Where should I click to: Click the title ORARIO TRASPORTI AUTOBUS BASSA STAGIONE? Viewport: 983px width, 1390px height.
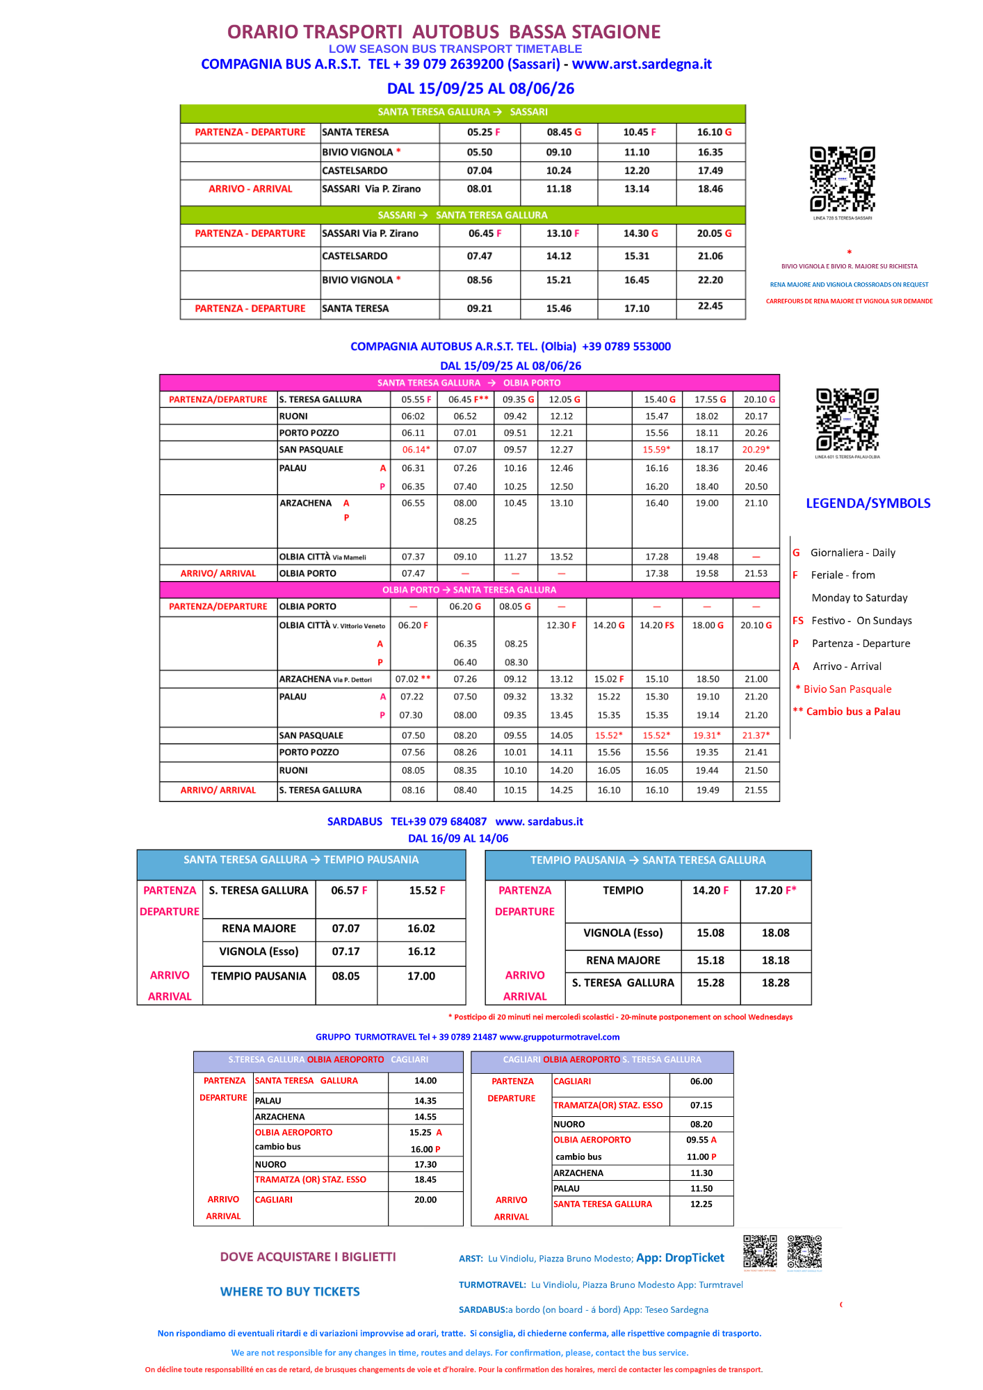tap(444, 32)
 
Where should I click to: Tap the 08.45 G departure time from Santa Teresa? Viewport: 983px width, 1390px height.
tap(563, 132)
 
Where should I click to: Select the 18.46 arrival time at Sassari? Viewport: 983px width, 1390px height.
tap(710, 189)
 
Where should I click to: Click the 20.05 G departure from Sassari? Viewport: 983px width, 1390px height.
tap(714, 234)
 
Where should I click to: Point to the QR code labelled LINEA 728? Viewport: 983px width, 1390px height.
tap(842, 179)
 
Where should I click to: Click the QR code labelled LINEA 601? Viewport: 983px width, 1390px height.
tap(847, 420)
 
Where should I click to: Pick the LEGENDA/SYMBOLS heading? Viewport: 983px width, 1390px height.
tap(868, 503)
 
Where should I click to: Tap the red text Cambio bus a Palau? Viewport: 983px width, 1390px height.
tap(852, 712)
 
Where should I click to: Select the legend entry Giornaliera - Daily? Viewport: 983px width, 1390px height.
tap(852, 553)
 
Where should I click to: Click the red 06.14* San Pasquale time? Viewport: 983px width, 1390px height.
tap(416, 450)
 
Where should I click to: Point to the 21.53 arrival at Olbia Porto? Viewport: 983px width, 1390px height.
tap(756, 573)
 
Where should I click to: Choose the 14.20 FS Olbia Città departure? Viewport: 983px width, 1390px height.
tap(657, 625)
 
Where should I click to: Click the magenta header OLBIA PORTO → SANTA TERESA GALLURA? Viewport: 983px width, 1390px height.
tap(469, 590)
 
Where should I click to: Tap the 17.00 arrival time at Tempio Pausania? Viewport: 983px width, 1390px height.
tap(421, 976)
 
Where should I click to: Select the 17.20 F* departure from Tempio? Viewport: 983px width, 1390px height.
tap(775, 890)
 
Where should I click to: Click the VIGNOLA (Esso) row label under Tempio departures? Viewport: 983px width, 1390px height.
tap(623, 933)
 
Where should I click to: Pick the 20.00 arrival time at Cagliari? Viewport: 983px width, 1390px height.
tap(425, 1200)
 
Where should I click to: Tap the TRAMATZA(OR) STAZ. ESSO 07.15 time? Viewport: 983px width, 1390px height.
tap(701, 1105)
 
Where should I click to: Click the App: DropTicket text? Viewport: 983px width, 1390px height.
tap(680, 1258)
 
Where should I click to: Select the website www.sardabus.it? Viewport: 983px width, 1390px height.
tap(539, 821)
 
